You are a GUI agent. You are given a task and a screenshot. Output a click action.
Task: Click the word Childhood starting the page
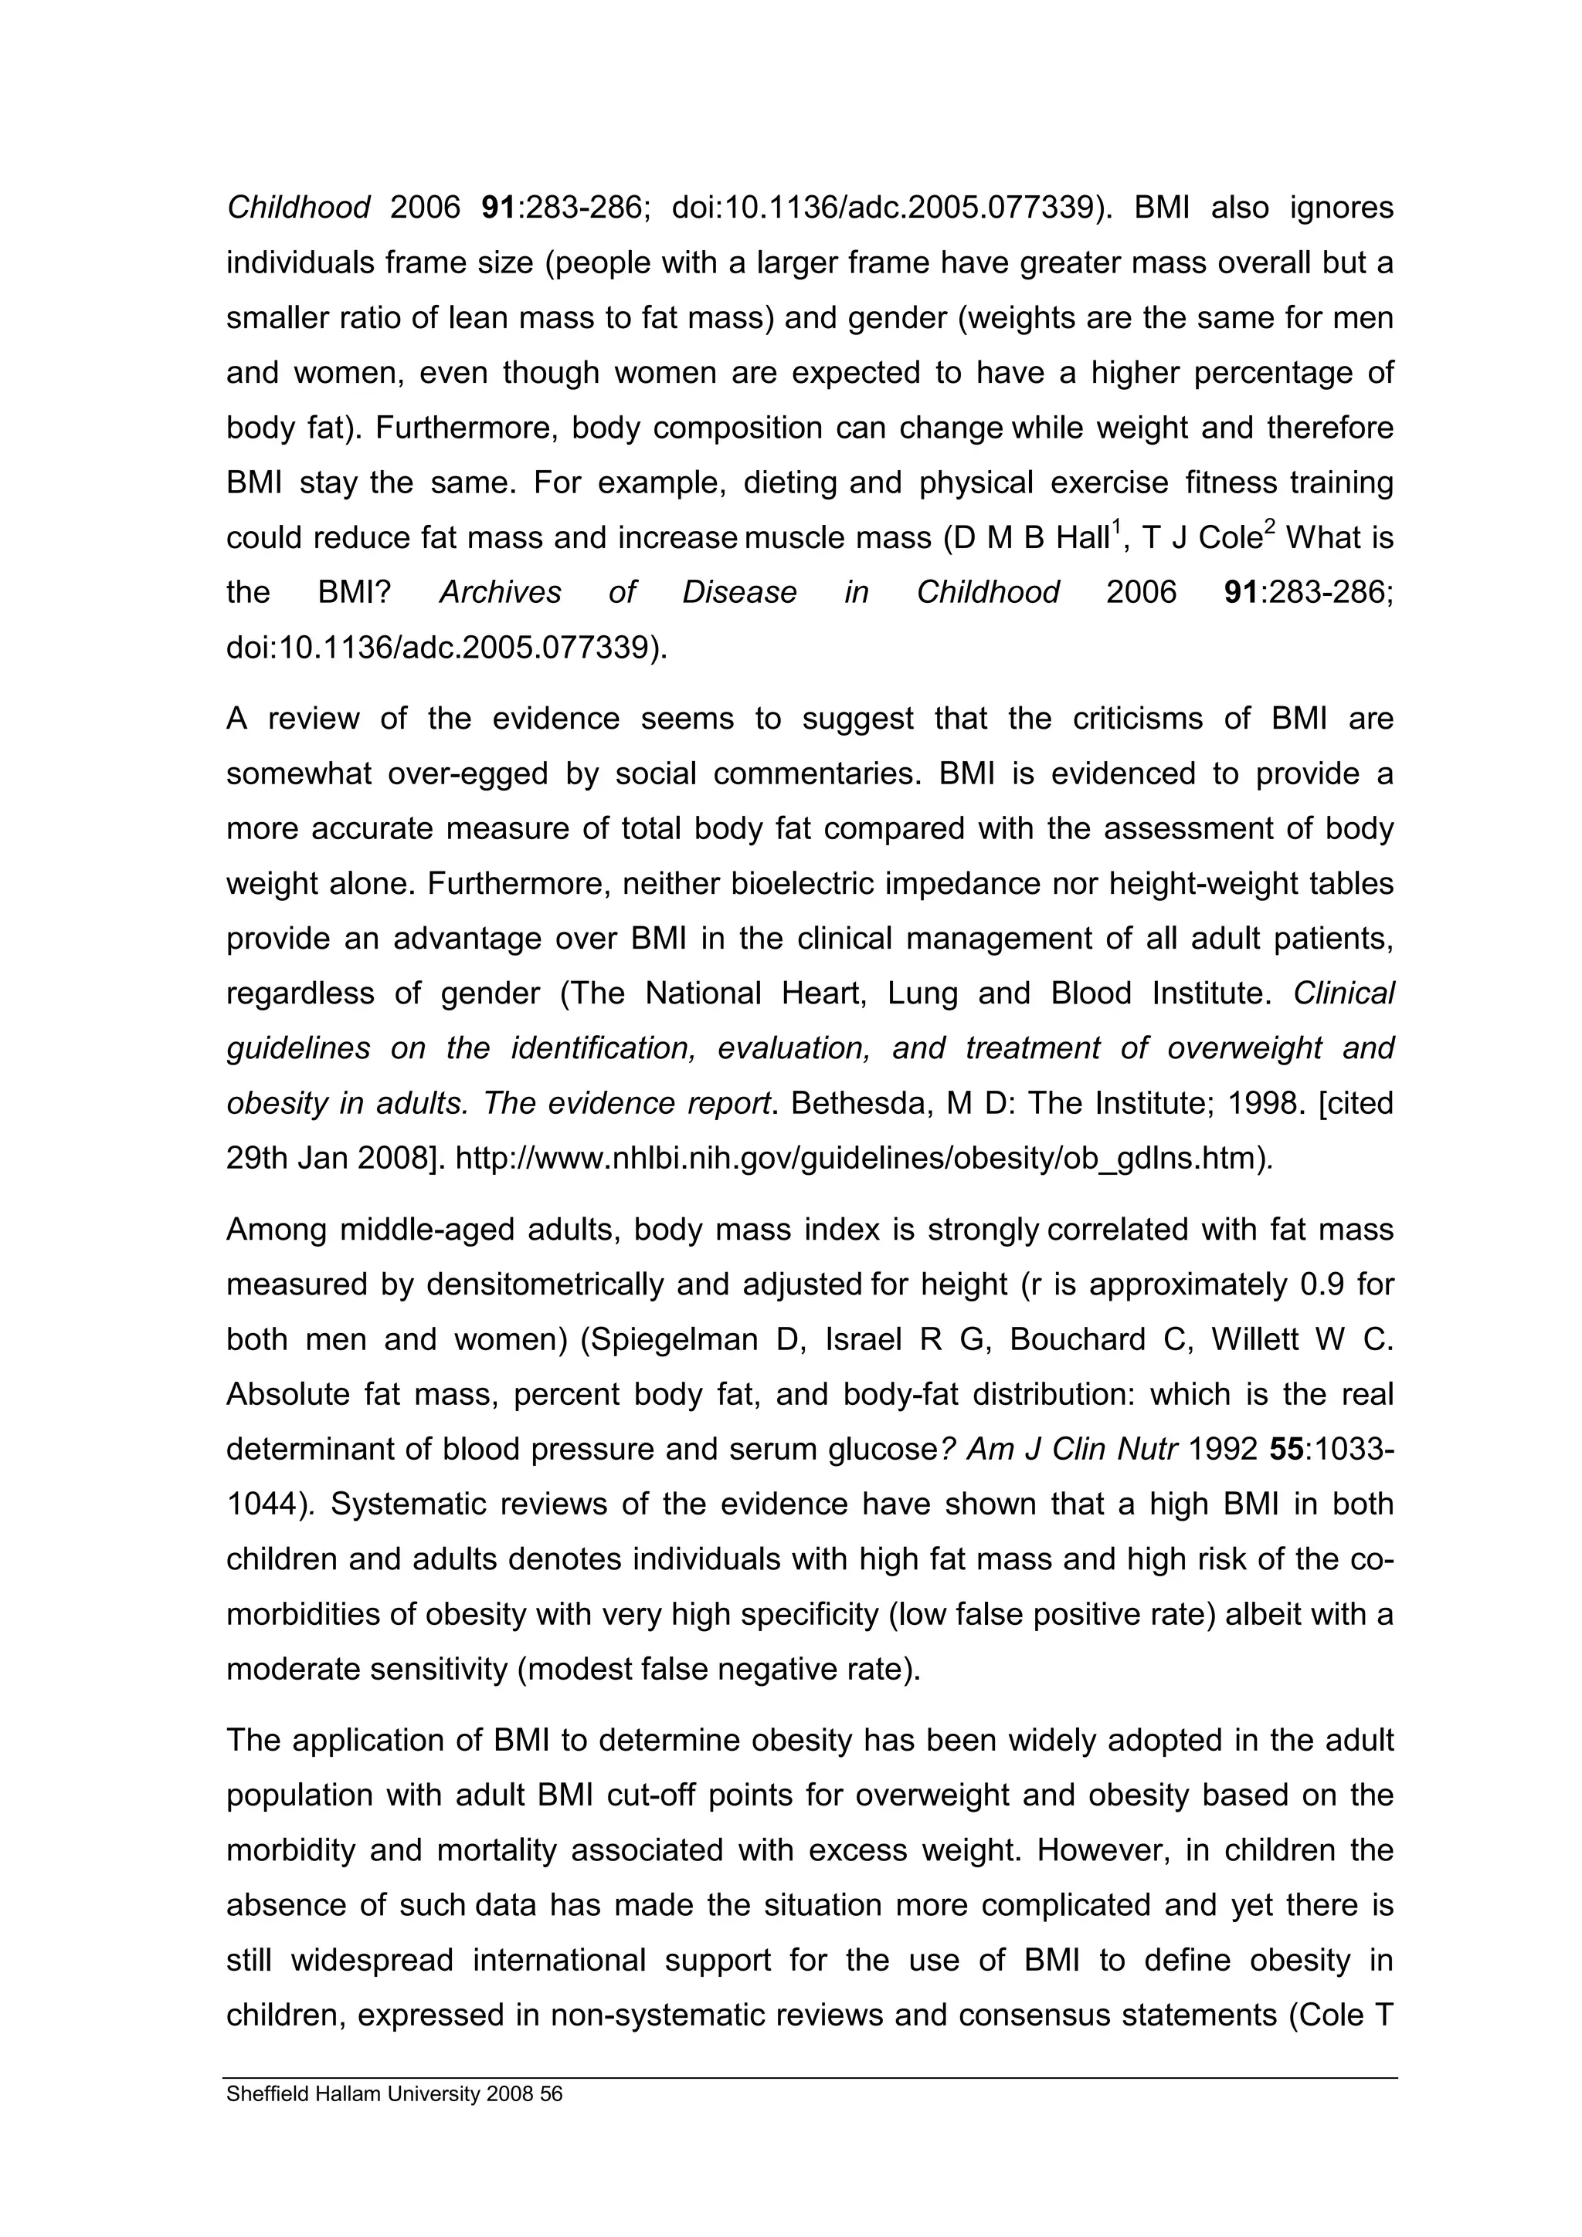tap(298, 208)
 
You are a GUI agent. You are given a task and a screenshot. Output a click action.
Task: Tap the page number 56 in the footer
tap(552, 2093)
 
